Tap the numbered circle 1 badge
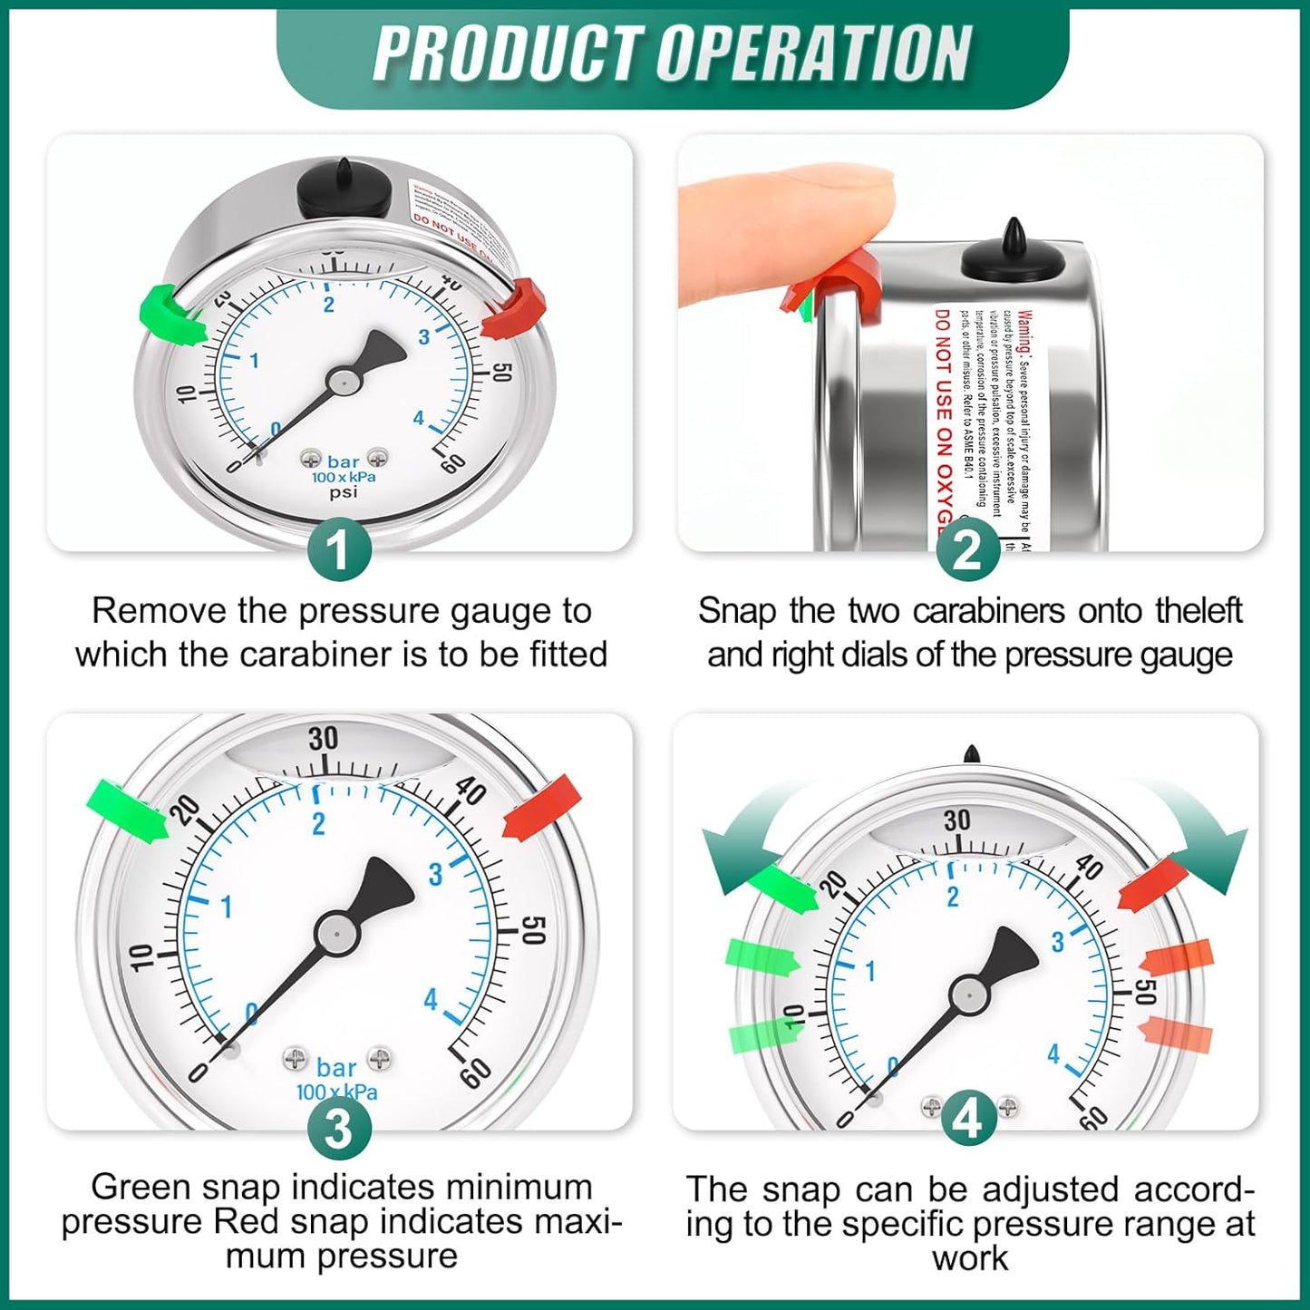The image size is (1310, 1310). pos(339,550)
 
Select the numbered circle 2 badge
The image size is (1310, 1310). pos(967,550)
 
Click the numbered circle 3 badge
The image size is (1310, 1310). pos(339,1129)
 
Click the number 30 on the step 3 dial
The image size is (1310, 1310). pos(323,739)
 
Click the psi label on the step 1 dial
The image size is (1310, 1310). pos(343,492)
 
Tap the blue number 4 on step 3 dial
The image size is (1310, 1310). pos(430,999)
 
